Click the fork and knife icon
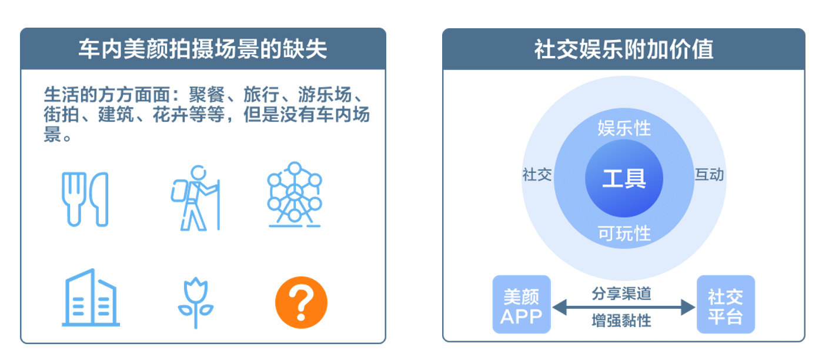tap(85, 199)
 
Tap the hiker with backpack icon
tap(196, 198)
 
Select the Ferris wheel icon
tap(295, 195)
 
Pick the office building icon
tap(90, 298)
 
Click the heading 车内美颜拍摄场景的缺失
tap(203, 49)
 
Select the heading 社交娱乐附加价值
tap(623, 49)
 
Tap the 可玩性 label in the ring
tap(624, 234)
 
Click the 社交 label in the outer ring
tap(537, 175)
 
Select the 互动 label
tap(709, 175)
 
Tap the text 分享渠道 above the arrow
tap(621, 292)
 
